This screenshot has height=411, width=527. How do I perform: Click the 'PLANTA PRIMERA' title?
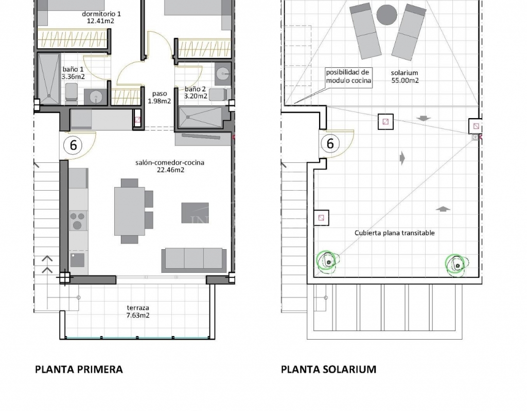point(79,369)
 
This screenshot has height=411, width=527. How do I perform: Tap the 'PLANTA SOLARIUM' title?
point(328,369)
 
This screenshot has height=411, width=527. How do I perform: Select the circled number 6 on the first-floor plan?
point(73,145)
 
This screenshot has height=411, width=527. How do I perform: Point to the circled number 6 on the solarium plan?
point(330,143)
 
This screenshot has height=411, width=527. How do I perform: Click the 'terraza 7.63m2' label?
point(138,311)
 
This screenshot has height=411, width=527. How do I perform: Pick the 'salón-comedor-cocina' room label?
point(170,163)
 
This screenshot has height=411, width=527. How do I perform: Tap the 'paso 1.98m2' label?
point(160,97)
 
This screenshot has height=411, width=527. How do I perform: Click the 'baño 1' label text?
point(73,69)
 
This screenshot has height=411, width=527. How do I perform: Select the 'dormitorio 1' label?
point(101,14)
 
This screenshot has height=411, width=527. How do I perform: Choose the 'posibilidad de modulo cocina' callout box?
point(348,77)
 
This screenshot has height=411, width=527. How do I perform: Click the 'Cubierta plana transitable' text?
point(395,233)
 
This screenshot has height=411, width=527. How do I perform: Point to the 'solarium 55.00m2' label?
point(405,77)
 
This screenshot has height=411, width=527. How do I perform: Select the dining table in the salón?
point(130,211)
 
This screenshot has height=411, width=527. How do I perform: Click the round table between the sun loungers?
point(387,14)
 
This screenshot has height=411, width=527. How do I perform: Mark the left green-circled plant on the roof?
point(328,260)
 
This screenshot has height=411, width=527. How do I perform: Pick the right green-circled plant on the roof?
point(456,265)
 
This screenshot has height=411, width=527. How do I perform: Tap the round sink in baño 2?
point(222,73)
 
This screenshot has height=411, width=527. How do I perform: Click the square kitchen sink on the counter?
point(77,260)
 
